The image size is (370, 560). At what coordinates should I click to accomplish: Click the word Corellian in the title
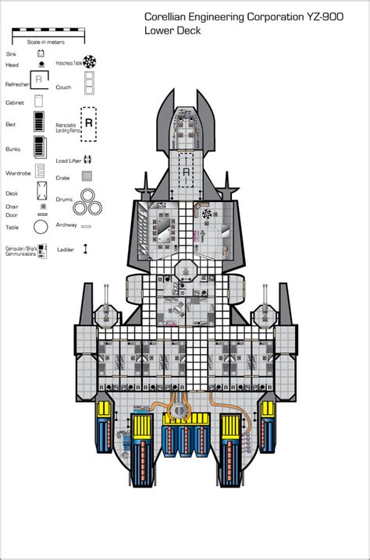point(169,16)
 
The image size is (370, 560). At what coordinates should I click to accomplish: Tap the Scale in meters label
point(44,42)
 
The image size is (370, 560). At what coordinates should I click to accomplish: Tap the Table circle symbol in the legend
point(39,227)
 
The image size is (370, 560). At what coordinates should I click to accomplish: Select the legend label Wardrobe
point(18,173)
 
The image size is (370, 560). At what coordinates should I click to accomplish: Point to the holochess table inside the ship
point(206,213)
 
